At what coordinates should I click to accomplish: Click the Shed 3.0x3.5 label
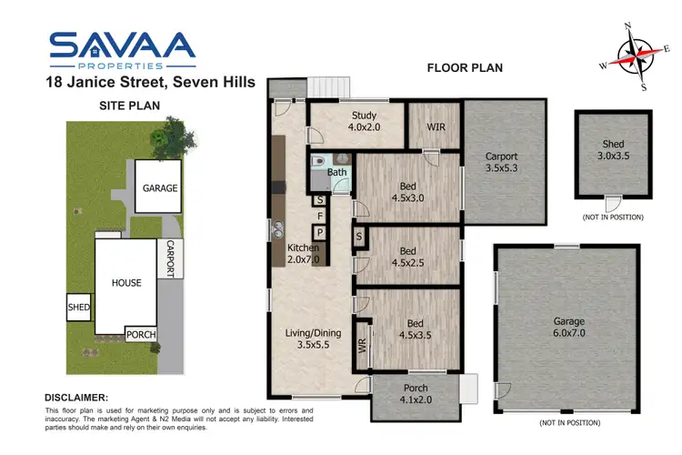(x=613, y=150)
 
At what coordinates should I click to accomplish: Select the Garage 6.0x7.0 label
(x=570, y=328)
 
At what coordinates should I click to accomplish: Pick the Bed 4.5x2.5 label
(x=408, y=258)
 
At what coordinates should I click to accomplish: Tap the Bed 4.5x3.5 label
(x=408, y=329)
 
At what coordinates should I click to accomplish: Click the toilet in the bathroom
(x=315, y=165)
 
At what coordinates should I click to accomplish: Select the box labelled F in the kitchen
(x=320, y=216)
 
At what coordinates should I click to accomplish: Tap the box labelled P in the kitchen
(x=320, y=232)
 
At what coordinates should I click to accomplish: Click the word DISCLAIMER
(x=77, y=398)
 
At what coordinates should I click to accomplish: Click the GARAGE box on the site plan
(x=159, y=188)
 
